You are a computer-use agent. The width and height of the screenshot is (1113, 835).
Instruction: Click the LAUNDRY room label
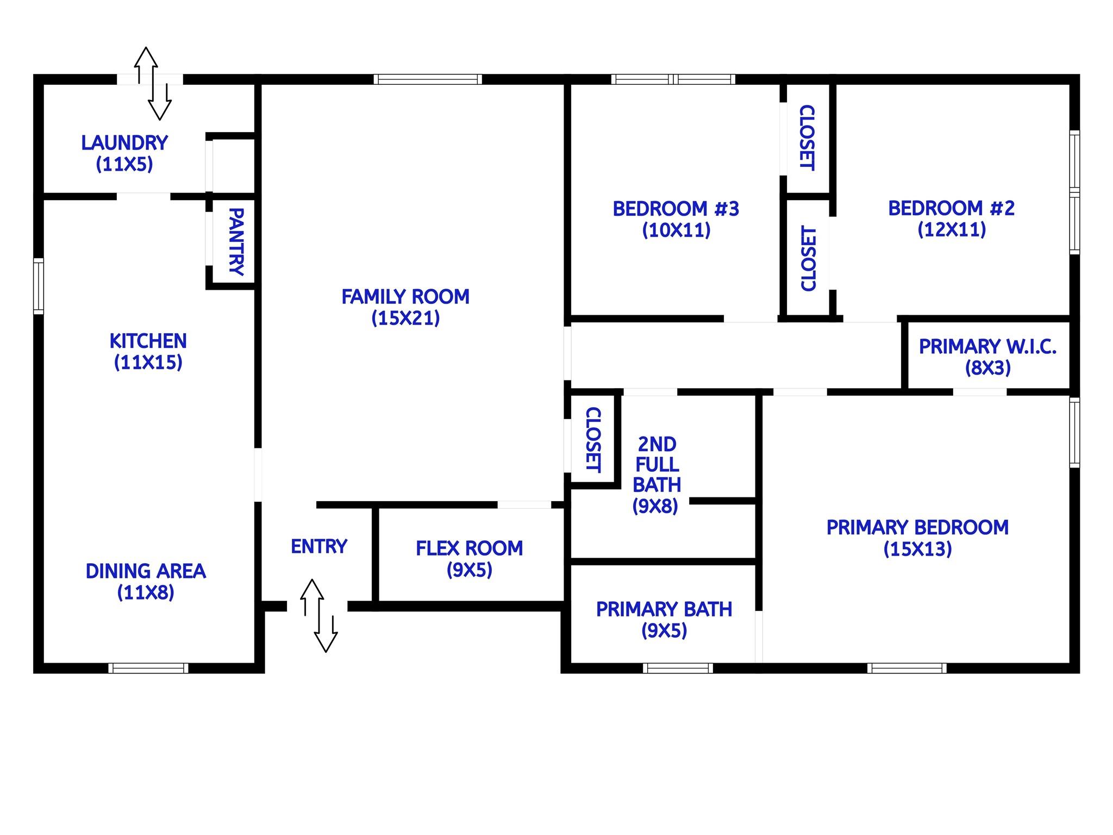click(124, 143)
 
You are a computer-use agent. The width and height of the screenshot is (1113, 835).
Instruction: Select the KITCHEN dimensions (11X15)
click(148, 363)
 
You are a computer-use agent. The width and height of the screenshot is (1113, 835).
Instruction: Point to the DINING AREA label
click(146, 571)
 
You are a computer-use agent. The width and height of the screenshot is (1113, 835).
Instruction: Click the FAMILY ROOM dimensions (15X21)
click(405, 318)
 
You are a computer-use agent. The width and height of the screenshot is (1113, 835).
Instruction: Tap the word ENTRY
click(319, 546)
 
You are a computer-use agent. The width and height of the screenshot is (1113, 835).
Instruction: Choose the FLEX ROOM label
click(470, 549)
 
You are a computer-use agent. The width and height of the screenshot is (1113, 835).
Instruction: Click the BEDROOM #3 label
click(676, 209)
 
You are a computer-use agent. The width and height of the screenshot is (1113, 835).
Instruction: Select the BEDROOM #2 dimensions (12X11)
click(952, 229)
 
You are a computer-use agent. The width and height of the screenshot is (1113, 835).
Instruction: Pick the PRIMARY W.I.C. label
click(987, 347)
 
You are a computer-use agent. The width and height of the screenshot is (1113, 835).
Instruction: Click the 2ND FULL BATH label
click(656, 465)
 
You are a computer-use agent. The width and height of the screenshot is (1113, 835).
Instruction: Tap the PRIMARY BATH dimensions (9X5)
click(664, 631)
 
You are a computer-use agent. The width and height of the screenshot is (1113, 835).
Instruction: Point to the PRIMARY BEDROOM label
click(917, 528)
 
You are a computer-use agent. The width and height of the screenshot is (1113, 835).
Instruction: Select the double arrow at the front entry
click(320, 615)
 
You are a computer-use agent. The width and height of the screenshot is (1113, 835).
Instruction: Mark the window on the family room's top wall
click(428, 79)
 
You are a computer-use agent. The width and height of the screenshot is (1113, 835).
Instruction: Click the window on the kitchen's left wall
click(39, 286)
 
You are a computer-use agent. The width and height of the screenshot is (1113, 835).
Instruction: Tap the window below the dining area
click(148, 668)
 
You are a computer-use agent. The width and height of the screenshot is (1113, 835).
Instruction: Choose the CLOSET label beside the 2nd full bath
click(593, 440)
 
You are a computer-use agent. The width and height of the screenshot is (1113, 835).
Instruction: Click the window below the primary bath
click(678, 668)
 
